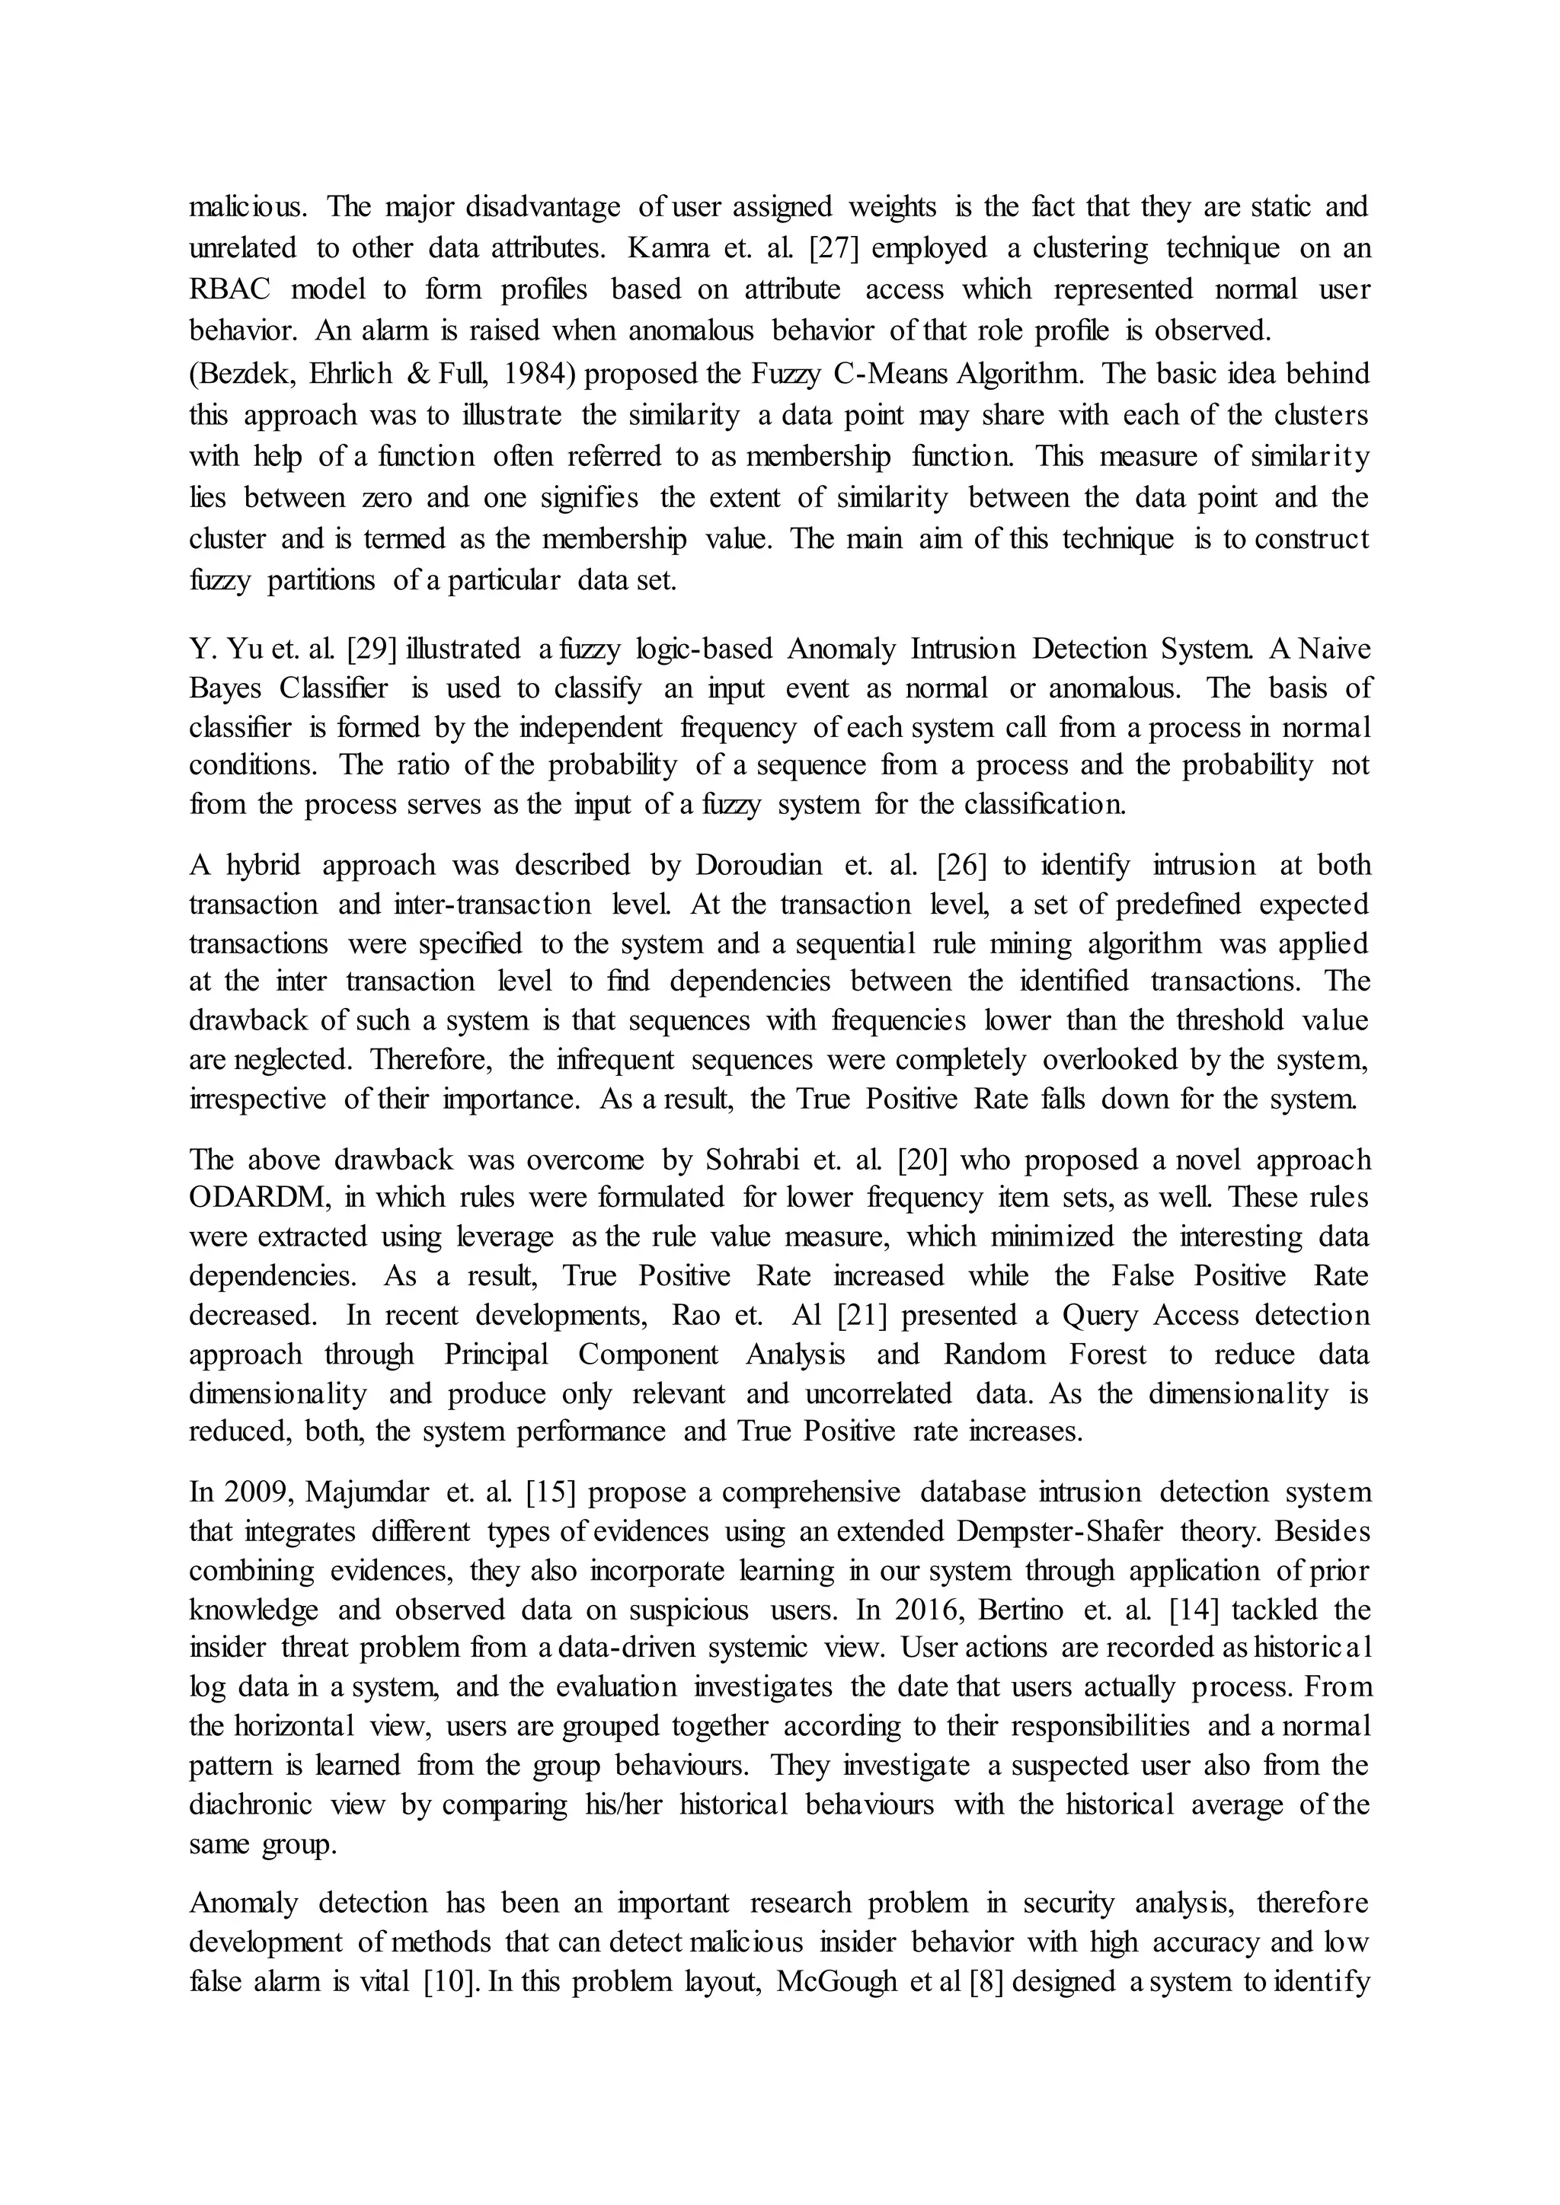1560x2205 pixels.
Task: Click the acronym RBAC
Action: point(229,289)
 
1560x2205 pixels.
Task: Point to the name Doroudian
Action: point(759,865)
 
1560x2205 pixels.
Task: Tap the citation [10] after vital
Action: point(450,1981)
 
